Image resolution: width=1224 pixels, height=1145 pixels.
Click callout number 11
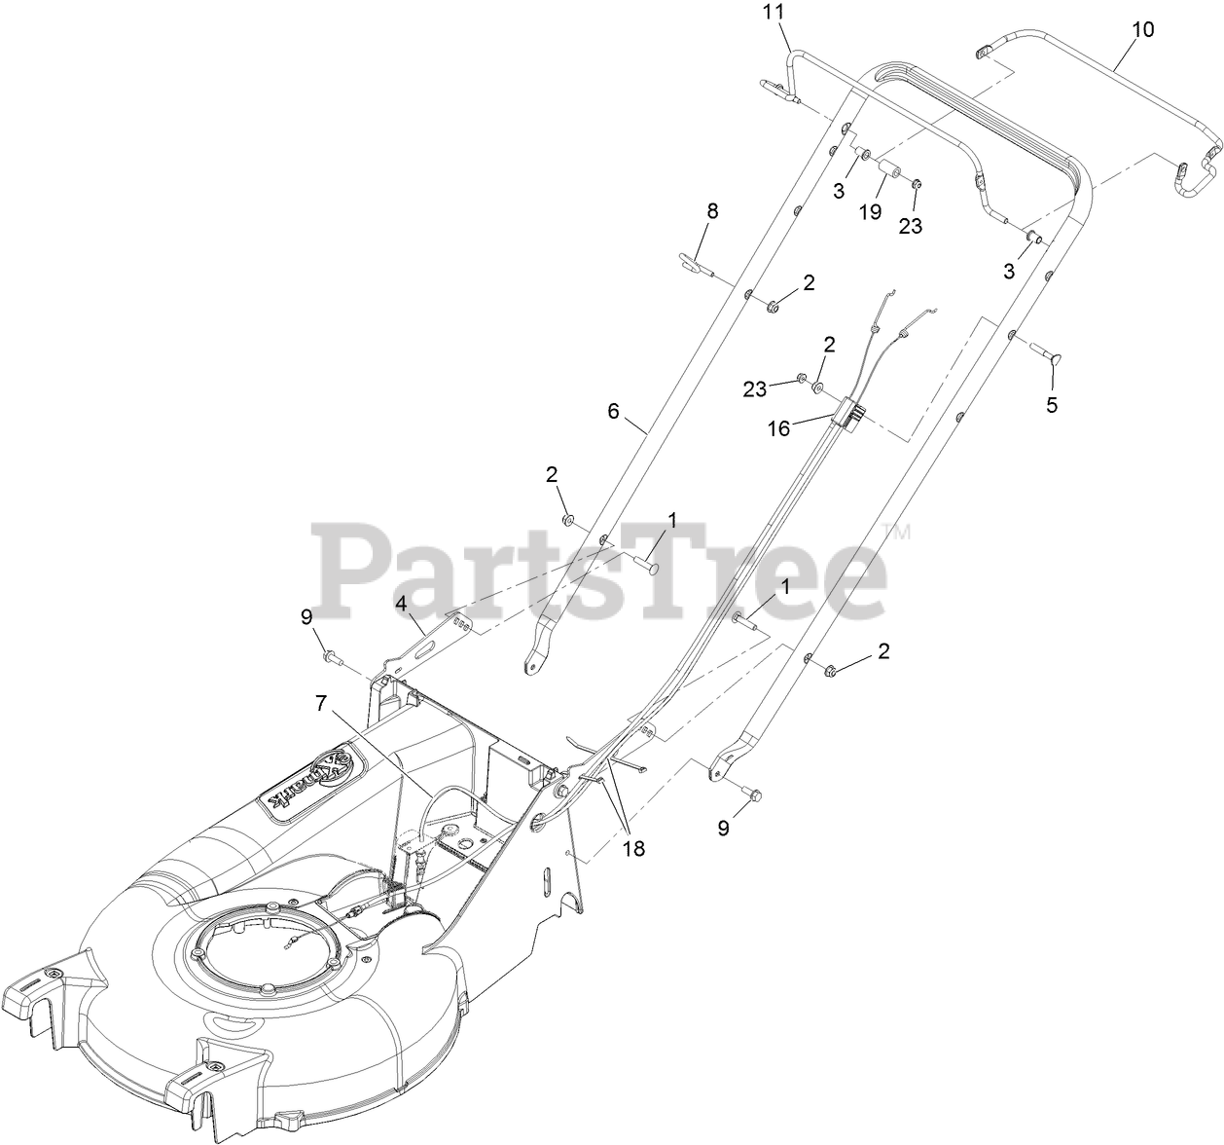tap(773, 13)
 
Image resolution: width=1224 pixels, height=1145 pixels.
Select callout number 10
tap(1143, 29)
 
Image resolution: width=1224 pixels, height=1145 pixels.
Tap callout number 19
tap(870, 210)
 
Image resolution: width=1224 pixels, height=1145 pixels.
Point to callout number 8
tap(712, 210)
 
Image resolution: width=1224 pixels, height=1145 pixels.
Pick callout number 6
tap(613, 411)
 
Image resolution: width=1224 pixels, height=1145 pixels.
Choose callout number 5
tap(1051, 405)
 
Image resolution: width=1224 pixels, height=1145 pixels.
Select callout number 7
tap(322, 701)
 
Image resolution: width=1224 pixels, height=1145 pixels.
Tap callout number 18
tap(633, 848)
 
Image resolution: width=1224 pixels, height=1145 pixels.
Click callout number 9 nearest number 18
tap(723, 828)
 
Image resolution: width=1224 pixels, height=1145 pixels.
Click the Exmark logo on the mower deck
tap(307, 769)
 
